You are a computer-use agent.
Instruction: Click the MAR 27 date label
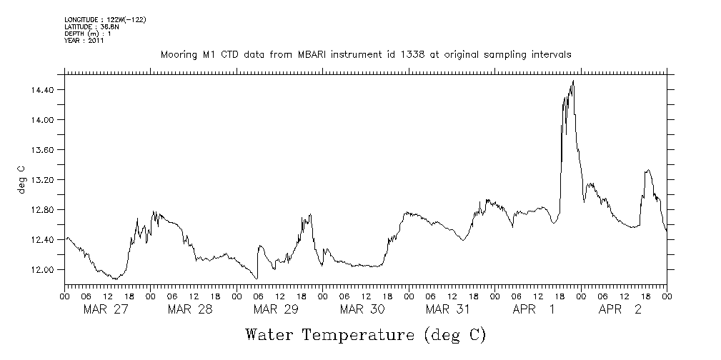[x=104, y=309]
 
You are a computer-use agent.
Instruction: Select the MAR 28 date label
[x=190, y=309]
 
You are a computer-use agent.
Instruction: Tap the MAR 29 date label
[x=276, y=309]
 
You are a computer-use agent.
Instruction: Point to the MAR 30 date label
[x=362, y=309]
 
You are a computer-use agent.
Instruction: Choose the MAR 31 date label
[x=448, y=309]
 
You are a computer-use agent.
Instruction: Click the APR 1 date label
[x=534, y=309]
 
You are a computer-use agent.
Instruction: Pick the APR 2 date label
[x=620, y=309]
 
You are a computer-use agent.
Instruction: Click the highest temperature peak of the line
[x=573, y=81]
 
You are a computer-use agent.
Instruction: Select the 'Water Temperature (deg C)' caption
[x=366, y=334]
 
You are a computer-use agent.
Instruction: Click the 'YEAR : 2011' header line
[x=84, y=41]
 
